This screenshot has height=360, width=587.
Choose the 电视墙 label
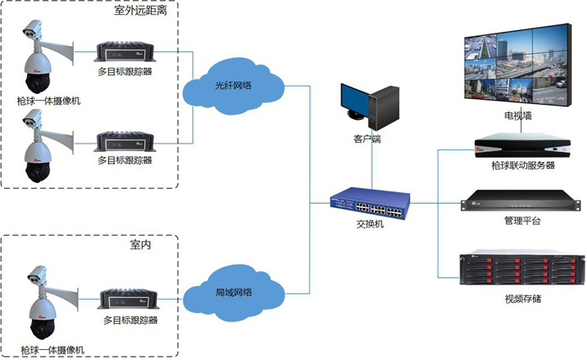click(x=517, y=115)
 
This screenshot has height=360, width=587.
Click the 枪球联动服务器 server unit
click(x=517, y=142)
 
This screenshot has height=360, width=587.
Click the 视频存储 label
click(x=522, y=298)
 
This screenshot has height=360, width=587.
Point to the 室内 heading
click(x=140, y=245)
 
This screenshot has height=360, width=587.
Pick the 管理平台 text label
click(x=522, y=222)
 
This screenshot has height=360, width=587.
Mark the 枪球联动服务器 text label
click(x=522, y=165)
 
